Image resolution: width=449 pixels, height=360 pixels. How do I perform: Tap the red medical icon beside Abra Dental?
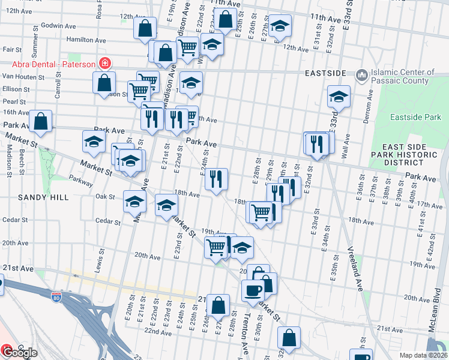click(x=105, y=62)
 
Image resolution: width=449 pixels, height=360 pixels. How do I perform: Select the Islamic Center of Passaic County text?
click(x=401, y=76)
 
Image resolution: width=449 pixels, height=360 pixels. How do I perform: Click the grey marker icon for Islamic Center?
click(x=361, y=76)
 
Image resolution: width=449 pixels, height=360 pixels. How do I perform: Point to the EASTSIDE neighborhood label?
click(x=326, y=73)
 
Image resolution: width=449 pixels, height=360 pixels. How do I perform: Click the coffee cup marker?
click(x=252, y=290)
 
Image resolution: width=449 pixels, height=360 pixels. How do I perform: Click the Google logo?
click(x=20, y=353)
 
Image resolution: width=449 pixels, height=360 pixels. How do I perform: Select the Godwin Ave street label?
click(x=59, y=26)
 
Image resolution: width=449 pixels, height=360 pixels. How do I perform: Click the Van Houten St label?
click(x=23, y=77)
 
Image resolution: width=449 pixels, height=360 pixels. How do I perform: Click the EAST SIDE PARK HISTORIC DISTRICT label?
click(x=412, y=155)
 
